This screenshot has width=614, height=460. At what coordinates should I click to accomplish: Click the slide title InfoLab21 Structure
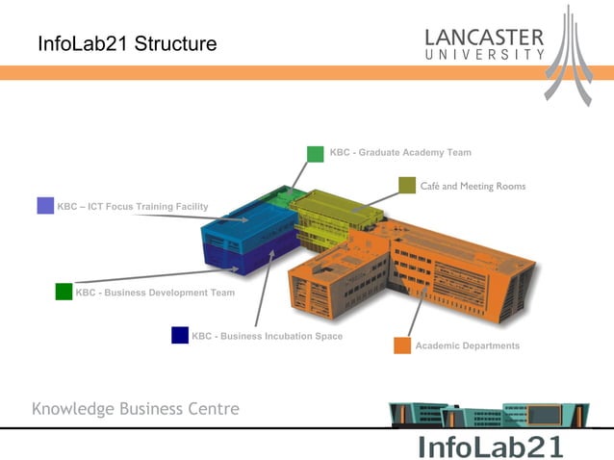(127, 44)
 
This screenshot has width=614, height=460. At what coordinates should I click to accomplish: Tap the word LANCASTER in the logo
(485, 38)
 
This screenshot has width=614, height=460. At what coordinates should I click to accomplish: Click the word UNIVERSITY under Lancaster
(485, 55)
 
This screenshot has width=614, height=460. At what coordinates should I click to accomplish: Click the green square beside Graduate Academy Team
(316, 154)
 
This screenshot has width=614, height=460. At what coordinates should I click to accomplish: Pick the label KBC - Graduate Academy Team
(400, 153)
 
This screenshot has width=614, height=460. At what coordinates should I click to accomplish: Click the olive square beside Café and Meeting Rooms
(406, 186)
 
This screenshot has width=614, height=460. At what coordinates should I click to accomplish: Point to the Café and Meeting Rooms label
(473, 186)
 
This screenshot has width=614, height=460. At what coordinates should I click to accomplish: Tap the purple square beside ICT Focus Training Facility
(45, 205)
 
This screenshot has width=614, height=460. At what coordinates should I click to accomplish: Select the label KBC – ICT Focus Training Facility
(133, 206)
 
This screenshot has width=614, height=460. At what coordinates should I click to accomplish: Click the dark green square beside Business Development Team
(64, 292)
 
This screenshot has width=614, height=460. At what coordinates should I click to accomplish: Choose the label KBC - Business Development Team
(155, 293)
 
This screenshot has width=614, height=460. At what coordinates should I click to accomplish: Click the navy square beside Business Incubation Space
(180, 335)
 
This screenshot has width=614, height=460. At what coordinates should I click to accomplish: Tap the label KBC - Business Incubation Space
(268, 336)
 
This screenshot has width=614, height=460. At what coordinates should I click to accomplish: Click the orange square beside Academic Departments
(402, 345)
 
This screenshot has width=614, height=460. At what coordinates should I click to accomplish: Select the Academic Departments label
(468, 345)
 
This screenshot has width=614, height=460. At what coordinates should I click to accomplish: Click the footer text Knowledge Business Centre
(136, 409)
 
